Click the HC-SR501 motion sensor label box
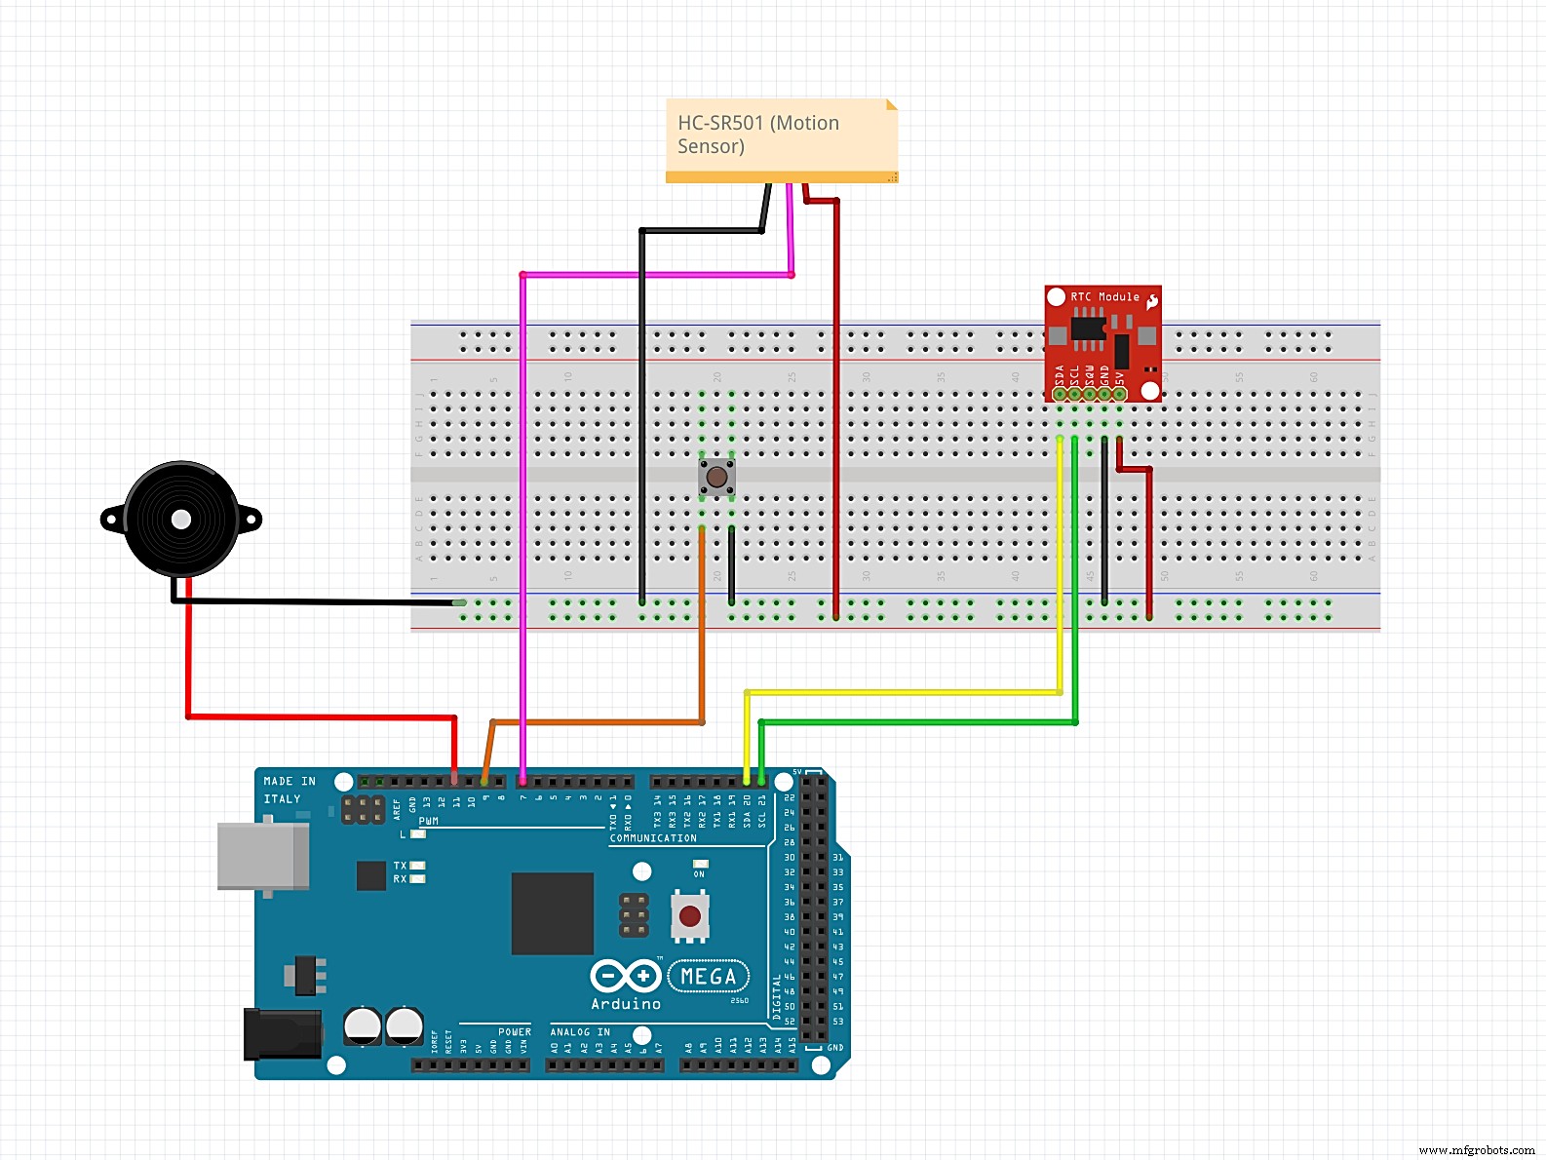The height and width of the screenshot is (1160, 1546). tap(780, 136)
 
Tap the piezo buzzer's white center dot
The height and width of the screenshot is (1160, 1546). tap(181, 520)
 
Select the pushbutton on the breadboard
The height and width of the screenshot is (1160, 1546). tap(716, 477)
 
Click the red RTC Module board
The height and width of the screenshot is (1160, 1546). tap(1102, 341)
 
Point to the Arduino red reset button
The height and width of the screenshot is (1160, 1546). tap(690, 916)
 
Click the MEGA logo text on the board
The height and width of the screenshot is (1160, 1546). tap(709, 976)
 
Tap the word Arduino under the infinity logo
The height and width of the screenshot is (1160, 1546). tap(626, 1004)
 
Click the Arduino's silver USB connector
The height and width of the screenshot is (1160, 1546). tap(262, 856)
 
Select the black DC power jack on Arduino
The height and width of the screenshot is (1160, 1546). tap(282, 1034)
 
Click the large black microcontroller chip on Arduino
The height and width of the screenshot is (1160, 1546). tap(553, 913)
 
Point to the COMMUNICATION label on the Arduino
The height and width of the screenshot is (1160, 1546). tap(653, 838)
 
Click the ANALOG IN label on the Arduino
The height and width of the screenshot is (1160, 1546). tap(580, 1031)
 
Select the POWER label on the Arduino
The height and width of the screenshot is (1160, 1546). tap(515, 1031)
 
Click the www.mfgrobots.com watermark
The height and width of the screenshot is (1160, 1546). tap(1477, 1150)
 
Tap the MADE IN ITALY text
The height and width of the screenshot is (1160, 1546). tap(290, 790)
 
